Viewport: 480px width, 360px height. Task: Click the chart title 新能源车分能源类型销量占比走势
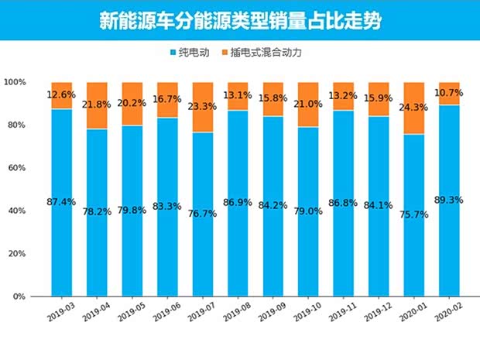239,20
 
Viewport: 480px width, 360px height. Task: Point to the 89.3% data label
449,200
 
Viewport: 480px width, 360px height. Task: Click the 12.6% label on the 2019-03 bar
62,95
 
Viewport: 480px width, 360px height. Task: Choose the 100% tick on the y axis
15,82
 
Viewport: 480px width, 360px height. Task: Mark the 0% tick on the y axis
19,297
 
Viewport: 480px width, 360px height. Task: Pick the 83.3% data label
167,207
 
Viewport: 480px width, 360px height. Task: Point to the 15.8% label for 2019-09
273,98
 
